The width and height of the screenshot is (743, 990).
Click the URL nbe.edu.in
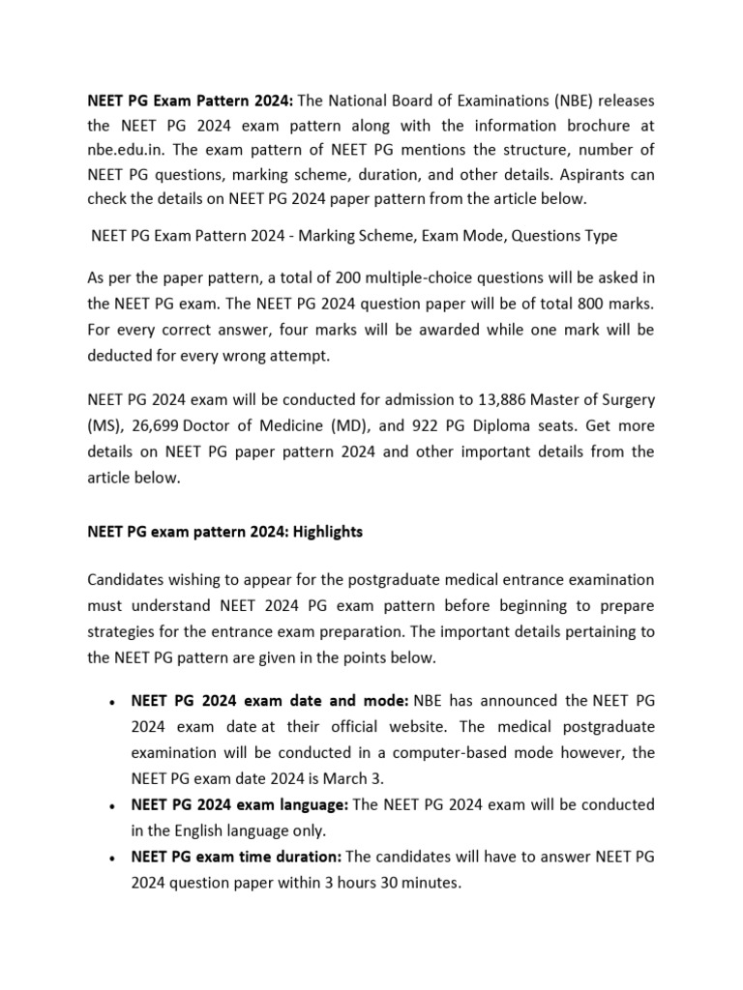pos(129,152)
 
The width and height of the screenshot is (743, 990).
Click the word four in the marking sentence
pos(308,330)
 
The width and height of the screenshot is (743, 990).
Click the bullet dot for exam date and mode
pos(114,701)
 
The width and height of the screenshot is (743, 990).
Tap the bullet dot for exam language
pos(114,805)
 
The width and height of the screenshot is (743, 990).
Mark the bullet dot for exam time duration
pos(114,857)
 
